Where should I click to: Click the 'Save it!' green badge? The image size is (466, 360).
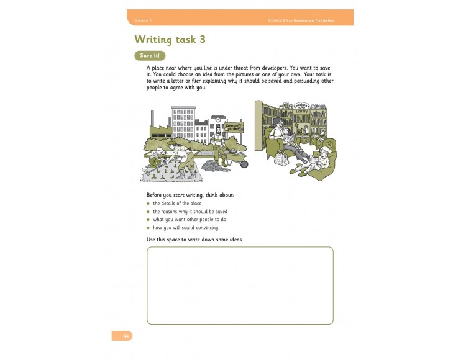pos(150,55)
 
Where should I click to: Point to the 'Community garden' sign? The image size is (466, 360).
pos(233,127)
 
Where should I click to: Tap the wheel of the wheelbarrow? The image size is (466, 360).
pos(244,164)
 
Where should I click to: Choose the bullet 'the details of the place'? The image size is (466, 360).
pos(177,204)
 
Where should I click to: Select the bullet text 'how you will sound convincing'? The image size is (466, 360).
pos(185,228)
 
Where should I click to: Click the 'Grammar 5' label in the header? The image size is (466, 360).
pos(143,20)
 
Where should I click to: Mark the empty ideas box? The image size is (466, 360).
pos(240,286)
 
